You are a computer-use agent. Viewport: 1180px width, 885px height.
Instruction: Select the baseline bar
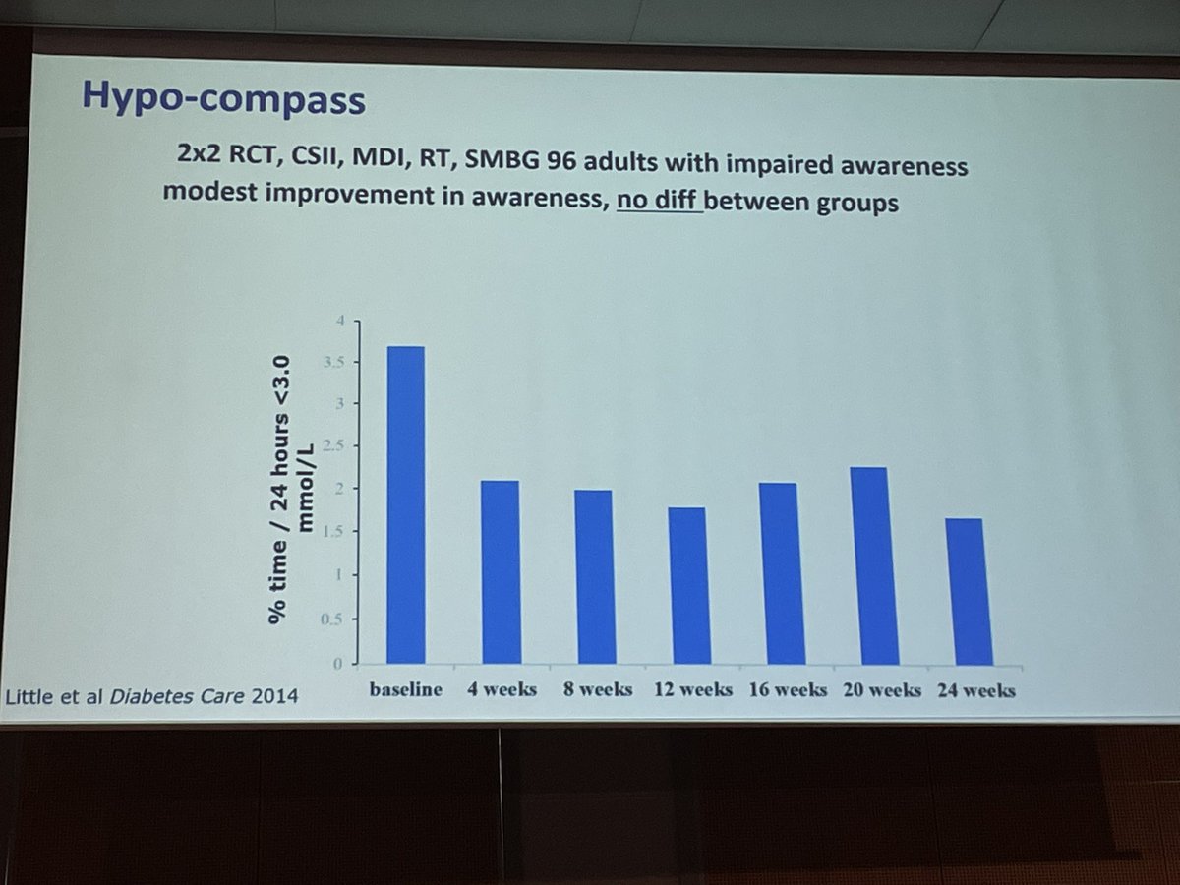click(x=405, y=505)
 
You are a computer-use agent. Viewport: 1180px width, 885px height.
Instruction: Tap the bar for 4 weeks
click(x=500, y=572)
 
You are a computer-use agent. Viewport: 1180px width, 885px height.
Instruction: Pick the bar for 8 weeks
click(x=593, y=577)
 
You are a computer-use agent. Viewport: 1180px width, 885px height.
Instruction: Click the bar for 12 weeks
click(x=686, y=586)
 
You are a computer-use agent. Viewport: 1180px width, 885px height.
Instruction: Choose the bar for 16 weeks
click(x=778, y=574)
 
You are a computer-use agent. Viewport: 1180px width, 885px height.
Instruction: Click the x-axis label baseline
click(x=405, y=689)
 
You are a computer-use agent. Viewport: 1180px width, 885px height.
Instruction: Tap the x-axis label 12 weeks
click(x=692, y=689)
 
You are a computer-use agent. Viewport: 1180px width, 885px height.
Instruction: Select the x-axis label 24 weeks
click(x=974, y=690)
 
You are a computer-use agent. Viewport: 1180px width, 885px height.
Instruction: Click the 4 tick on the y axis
click(x=341, y=321)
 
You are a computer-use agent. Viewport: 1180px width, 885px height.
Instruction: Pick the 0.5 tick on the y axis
click(x=334, y=619)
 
